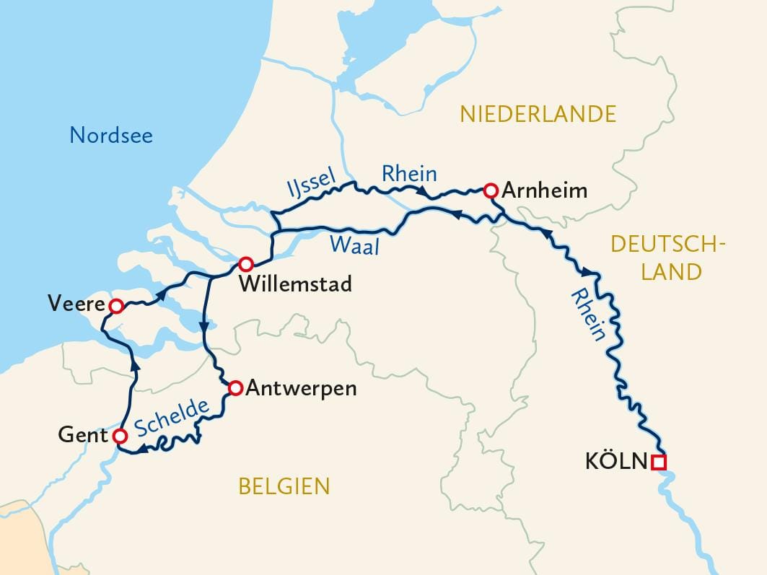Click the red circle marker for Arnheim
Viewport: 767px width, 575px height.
(x=490, y=190)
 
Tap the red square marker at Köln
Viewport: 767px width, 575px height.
(x=657, y=462)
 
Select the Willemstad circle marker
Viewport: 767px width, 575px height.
(x=246, y=263)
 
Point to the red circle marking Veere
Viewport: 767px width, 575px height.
(x=115, y=307)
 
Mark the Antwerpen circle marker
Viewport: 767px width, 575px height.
(x=235, y=389)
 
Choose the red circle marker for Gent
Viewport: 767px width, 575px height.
(x=120, y=436)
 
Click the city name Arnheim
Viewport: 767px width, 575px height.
(x=544, y=191)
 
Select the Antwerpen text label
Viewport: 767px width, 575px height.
(x=301, y=389)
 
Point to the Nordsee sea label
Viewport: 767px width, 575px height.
(x=111, y=135)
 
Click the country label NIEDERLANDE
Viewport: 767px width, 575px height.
(x=538, y=114)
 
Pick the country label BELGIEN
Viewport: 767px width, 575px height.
(x=284, y=486)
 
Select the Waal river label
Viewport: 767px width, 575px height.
(x=354, y=245)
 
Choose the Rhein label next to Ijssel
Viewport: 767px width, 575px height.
(x=409, y=174)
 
